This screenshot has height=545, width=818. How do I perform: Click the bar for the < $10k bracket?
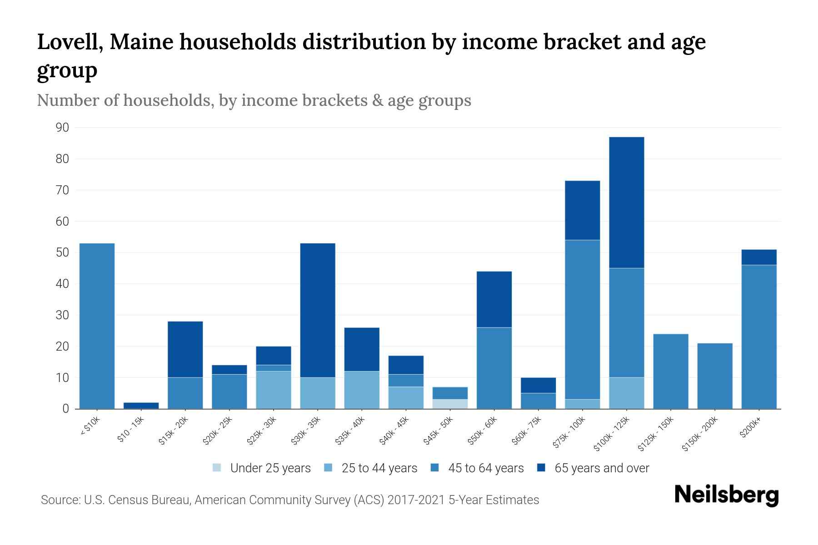pos(97,326)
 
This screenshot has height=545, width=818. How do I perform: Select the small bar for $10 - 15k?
pos(141,406)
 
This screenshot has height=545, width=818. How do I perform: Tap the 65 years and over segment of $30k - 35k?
pos(318,310)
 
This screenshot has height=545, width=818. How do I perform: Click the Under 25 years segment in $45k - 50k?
pos(450,404)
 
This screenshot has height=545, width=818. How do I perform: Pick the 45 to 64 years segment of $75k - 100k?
pos(582,319)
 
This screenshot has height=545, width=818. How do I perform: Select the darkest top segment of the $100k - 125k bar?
pos(626,203)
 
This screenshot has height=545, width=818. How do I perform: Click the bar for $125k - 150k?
pos(670,371)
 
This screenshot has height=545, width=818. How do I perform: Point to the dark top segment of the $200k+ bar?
pos(758,257)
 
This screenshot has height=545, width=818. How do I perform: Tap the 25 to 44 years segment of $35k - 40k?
pos(362,390)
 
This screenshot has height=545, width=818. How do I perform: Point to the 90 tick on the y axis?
pos(63,128)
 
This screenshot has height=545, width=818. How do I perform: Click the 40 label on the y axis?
pos(63,284)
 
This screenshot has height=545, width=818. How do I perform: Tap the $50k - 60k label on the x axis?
pos(483,431)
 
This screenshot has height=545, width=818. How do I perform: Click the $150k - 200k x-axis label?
pos(700,434)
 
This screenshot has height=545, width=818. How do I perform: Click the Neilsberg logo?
pos(726,495)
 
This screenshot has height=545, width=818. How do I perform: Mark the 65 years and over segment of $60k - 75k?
pos(538,385)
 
